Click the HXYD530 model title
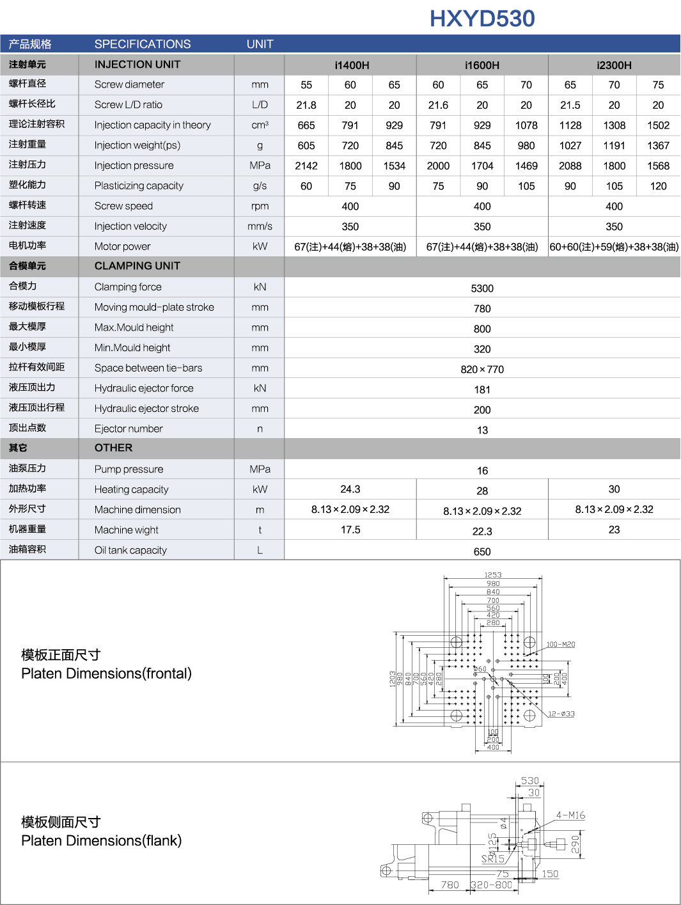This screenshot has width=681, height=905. tap(482, 19)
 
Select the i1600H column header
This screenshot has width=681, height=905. tap(482, 65)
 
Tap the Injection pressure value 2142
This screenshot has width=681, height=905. tap(306, 166)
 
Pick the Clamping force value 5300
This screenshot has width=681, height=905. tap(482, 288)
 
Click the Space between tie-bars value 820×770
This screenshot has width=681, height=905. tap(482, 369)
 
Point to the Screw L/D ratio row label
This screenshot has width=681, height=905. tap(129, 105)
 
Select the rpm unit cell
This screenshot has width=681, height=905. tap(260, 206)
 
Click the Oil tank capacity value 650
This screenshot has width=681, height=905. tap(482, 551)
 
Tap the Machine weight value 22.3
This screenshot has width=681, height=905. tap(482, 531)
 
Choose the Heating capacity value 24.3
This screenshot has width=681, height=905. tap(350, 489)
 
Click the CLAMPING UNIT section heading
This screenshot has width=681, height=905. tap(137, 266)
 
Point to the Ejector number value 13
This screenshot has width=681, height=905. tap(482, 430)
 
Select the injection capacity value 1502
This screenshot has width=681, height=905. tap(658, 125)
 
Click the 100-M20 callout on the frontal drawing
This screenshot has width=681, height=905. tap(560, 644)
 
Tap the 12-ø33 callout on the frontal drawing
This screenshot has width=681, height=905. tap(561, 714)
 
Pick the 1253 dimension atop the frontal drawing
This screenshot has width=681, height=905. tap(493, 575)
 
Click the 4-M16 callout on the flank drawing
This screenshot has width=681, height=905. tap(570, 815)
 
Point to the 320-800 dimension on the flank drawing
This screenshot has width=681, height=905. tap(492, 885)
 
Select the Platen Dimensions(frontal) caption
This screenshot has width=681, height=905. tap(106, 673)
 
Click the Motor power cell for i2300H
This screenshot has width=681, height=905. tap(614, 247)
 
